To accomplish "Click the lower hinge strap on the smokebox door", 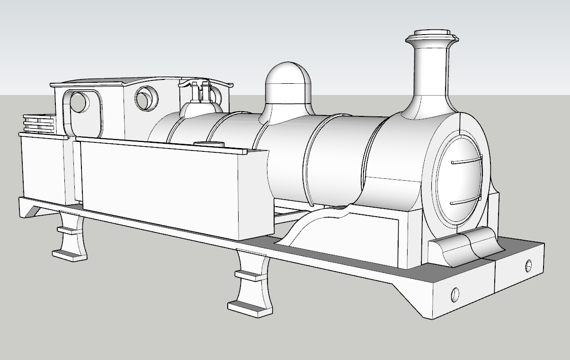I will (x=466, y=202).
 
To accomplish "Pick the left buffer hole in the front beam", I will (x=455, y=294).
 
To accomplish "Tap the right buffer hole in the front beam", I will (x=528, y=265).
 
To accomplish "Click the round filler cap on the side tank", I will (x=208, y=144).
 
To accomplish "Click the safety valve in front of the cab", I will (x=199, y=95).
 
